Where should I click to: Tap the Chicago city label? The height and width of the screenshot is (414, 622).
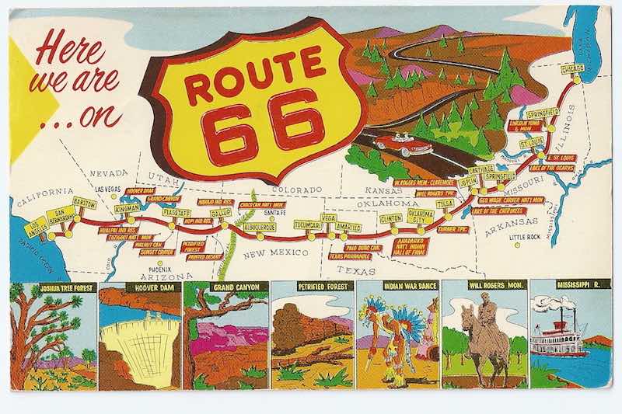573,71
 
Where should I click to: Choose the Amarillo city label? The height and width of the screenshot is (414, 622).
348,228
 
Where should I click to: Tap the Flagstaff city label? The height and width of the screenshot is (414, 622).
178,211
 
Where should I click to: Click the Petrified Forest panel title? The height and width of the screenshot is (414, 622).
311,286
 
